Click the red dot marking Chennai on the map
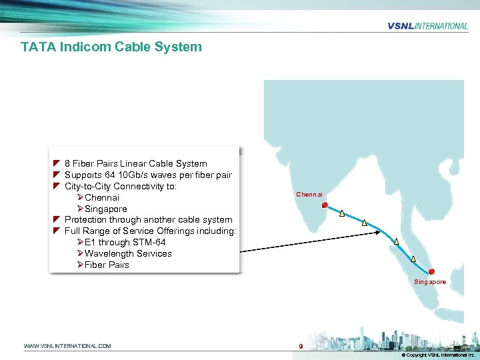point(325,205)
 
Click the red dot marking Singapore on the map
point(432,271)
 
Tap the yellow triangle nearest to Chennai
point(342,214)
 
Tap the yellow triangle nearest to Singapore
point(413,259)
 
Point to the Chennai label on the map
point(309,195)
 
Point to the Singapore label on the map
point(430,282)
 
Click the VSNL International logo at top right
point(427,26)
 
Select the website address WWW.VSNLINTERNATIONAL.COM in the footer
point(67,346)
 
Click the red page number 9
point(301,346)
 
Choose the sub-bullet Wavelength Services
point(128,253)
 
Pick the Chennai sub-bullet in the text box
point(102,197)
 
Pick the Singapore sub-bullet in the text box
point(106,209)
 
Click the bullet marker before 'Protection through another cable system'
point(57,219)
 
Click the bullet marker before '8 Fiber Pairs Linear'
point(57,163)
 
